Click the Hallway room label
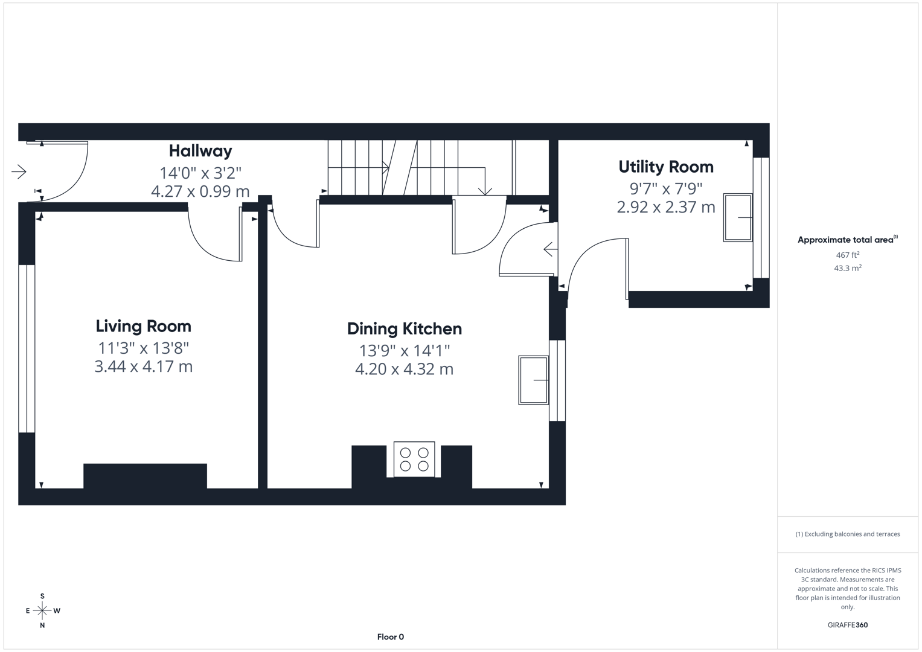point(200,151)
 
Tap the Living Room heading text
point(143,327)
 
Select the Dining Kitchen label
point(404,329)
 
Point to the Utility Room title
point(665,167)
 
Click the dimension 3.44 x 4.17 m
point(143,366)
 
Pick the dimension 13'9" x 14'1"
point(404,350)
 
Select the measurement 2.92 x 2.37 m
point(665,207)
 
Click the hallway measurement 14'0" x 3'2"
point(200,173)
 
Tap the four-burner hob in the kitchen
point(414,459)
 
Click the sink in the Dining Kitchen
point(533,380)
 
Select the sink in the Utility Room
point(738,217)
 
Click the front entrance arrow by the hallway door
point(19,172)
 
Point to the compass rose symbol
point(42,611)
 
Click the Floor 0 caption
point(390,637)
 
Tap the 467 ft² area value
point(847,255)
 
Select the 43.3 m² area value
point(847,268)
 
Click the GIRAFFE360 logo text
point(847,625)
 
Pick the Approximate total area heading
point(847,240)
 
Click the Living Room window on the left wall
point(27,348)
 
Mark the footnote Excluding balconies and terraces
point(847,534)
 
